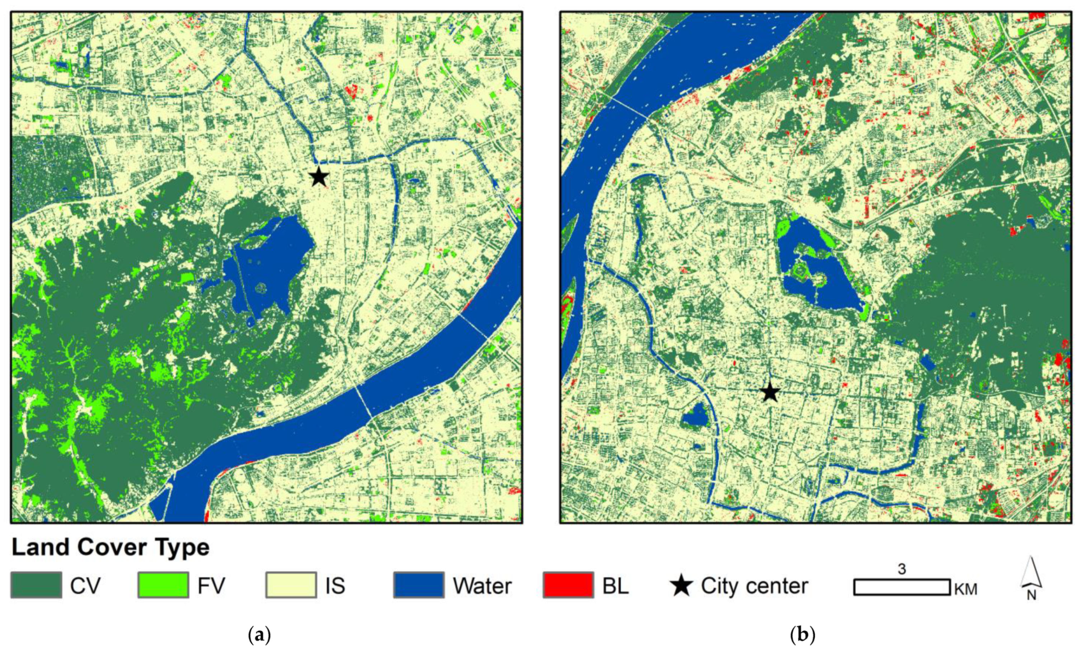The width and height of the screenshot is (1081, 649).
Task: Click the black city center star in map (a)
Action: click(319, 177)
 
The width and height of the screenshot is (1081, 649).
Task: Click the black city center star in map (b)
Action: click(770, 392)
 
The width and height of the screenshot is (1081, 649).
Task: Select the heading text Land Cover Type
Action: click(111, 548)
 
